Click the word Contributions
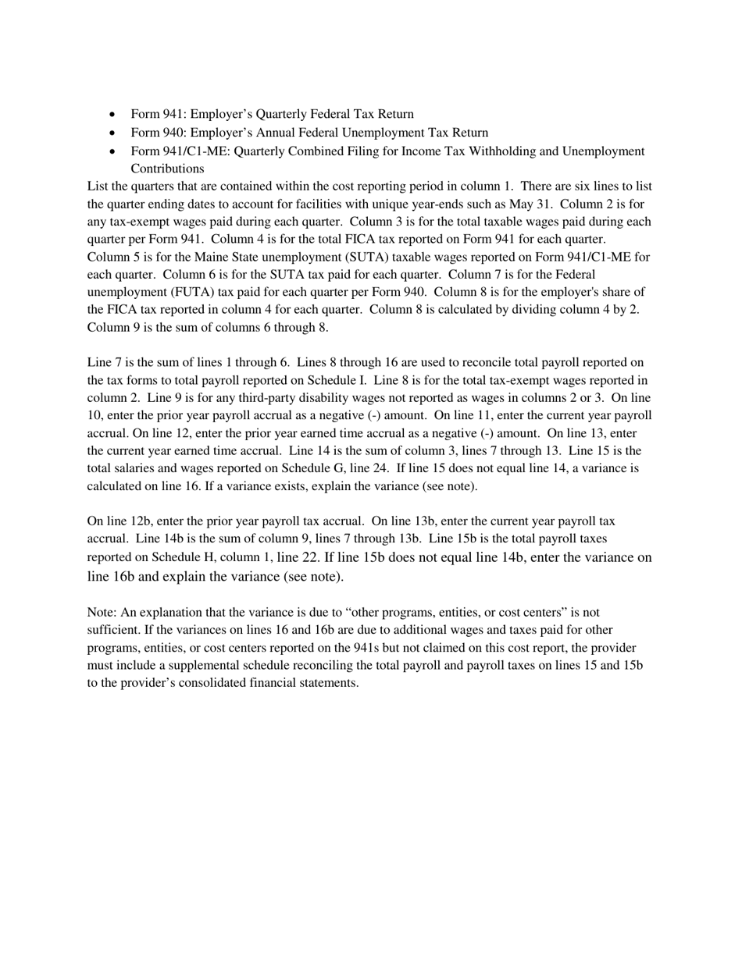click(167, 169)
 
